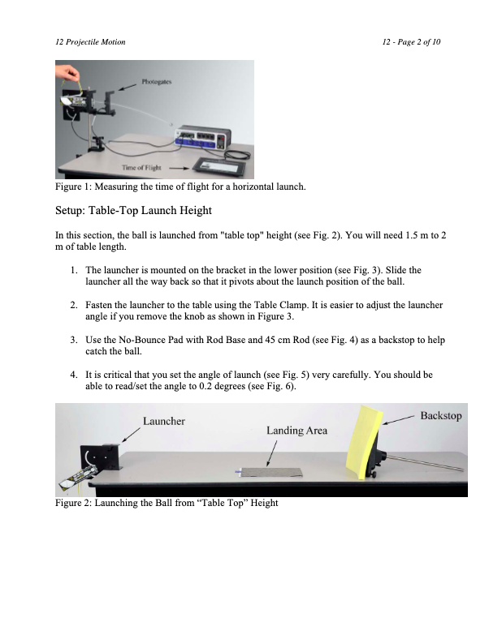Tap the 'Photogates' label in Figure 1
point(156,82)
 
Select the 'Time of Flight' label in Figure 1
point(140,166)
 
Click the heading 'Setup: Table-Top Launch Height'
point(133,211)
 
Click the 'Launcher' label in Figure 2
point(164,421)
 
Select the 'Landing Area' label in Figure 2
point(296,431)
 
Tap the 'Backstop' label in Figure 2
point(440,416)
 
